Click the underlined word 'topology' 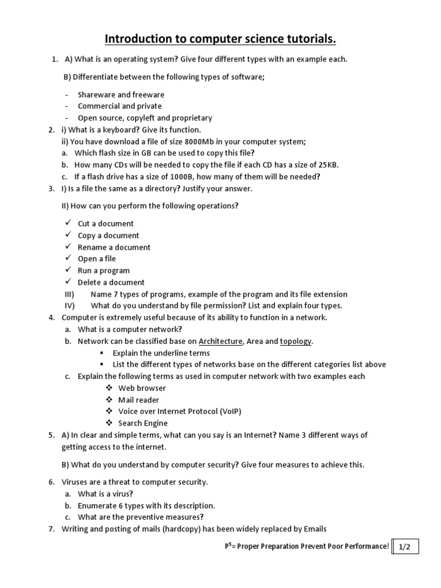coord(296,341)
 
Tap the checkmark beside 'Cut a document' coord(67,223)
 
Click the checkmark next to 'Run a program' coord(67,270)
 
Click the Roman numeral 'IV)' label coord(70,305)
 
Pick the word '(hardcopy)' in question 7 coord(175,529)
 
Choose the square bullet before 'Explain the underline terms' coord(101,353)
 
